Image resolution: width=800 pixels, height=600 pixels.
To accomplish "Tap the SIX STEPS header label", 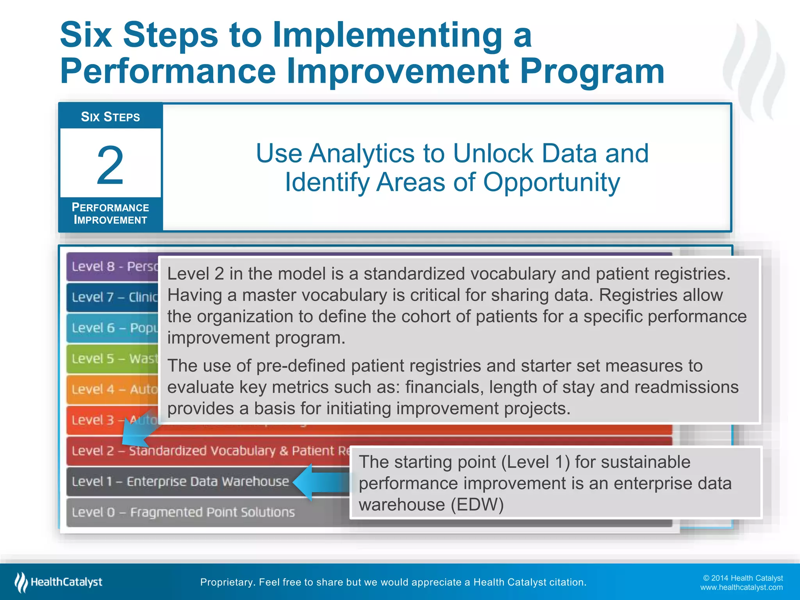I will click(x=110, y=117).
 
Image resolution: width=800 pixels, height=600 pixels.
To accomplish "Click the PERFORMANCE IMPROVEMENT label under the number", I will click(x=110, y=214).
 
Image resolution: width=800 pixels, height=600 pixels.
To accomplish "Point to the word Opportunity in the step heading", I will click(x=551, y=182).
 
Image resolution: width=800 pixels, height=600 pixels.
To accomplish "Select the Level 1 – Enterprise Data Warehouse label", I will click(x=180, y=481).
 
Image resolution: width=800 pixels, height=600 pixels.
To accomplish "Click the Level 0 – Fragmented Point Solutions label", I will click(x=183, y=512).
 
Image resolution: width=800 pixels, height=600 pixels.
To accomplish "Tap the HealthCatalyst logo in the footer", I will click(x=59, y=582).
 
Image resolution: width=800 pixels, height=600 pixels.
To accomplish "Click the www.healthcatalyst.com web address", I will click(x=741, y=587).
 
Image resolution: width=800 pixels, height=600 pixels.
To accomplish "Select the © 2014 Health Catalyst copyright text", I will click(x=743, y=578).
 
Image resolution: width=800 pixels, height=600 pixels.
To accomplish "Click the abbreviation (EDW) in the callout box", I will click(x=477, y=505).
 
